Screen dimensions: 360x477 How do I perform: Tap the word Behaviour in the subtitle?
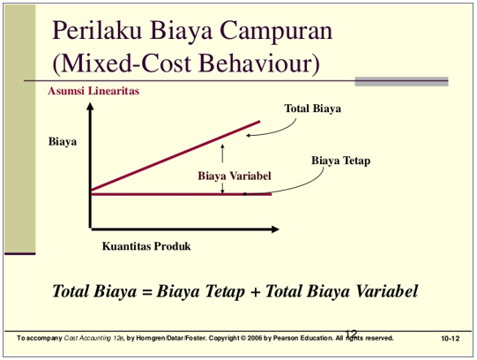266,64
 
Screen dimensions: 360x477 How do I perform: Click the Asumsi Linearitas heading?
93,90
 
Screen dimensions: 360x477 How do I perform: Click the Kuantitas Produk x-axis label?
145,246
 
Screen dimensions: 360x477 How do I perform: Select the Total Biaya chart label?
312,109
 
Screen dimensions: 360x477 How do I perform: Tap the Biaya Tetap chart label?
341,161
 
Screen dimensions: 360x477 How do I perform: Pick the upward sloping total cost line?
176,155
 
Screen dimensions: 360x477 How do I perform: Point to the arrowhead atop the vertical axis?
90,107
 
